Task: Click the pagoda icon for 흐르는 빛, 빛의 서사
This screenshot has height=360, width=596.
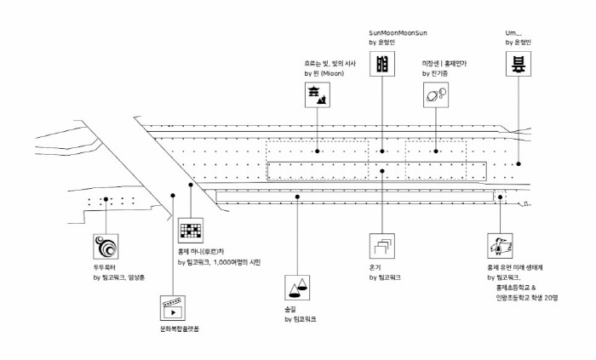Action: pos(317,96)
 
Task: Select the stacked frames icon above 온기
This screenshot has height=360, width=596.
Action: pos(382,247)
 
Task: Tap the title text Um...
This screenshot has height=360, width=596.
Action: pos(513,31)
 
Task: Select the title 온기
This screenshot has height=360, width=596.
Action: pos(375,267)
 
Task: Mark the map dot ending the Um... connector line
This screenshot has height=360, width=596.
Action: pos(519,163)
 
